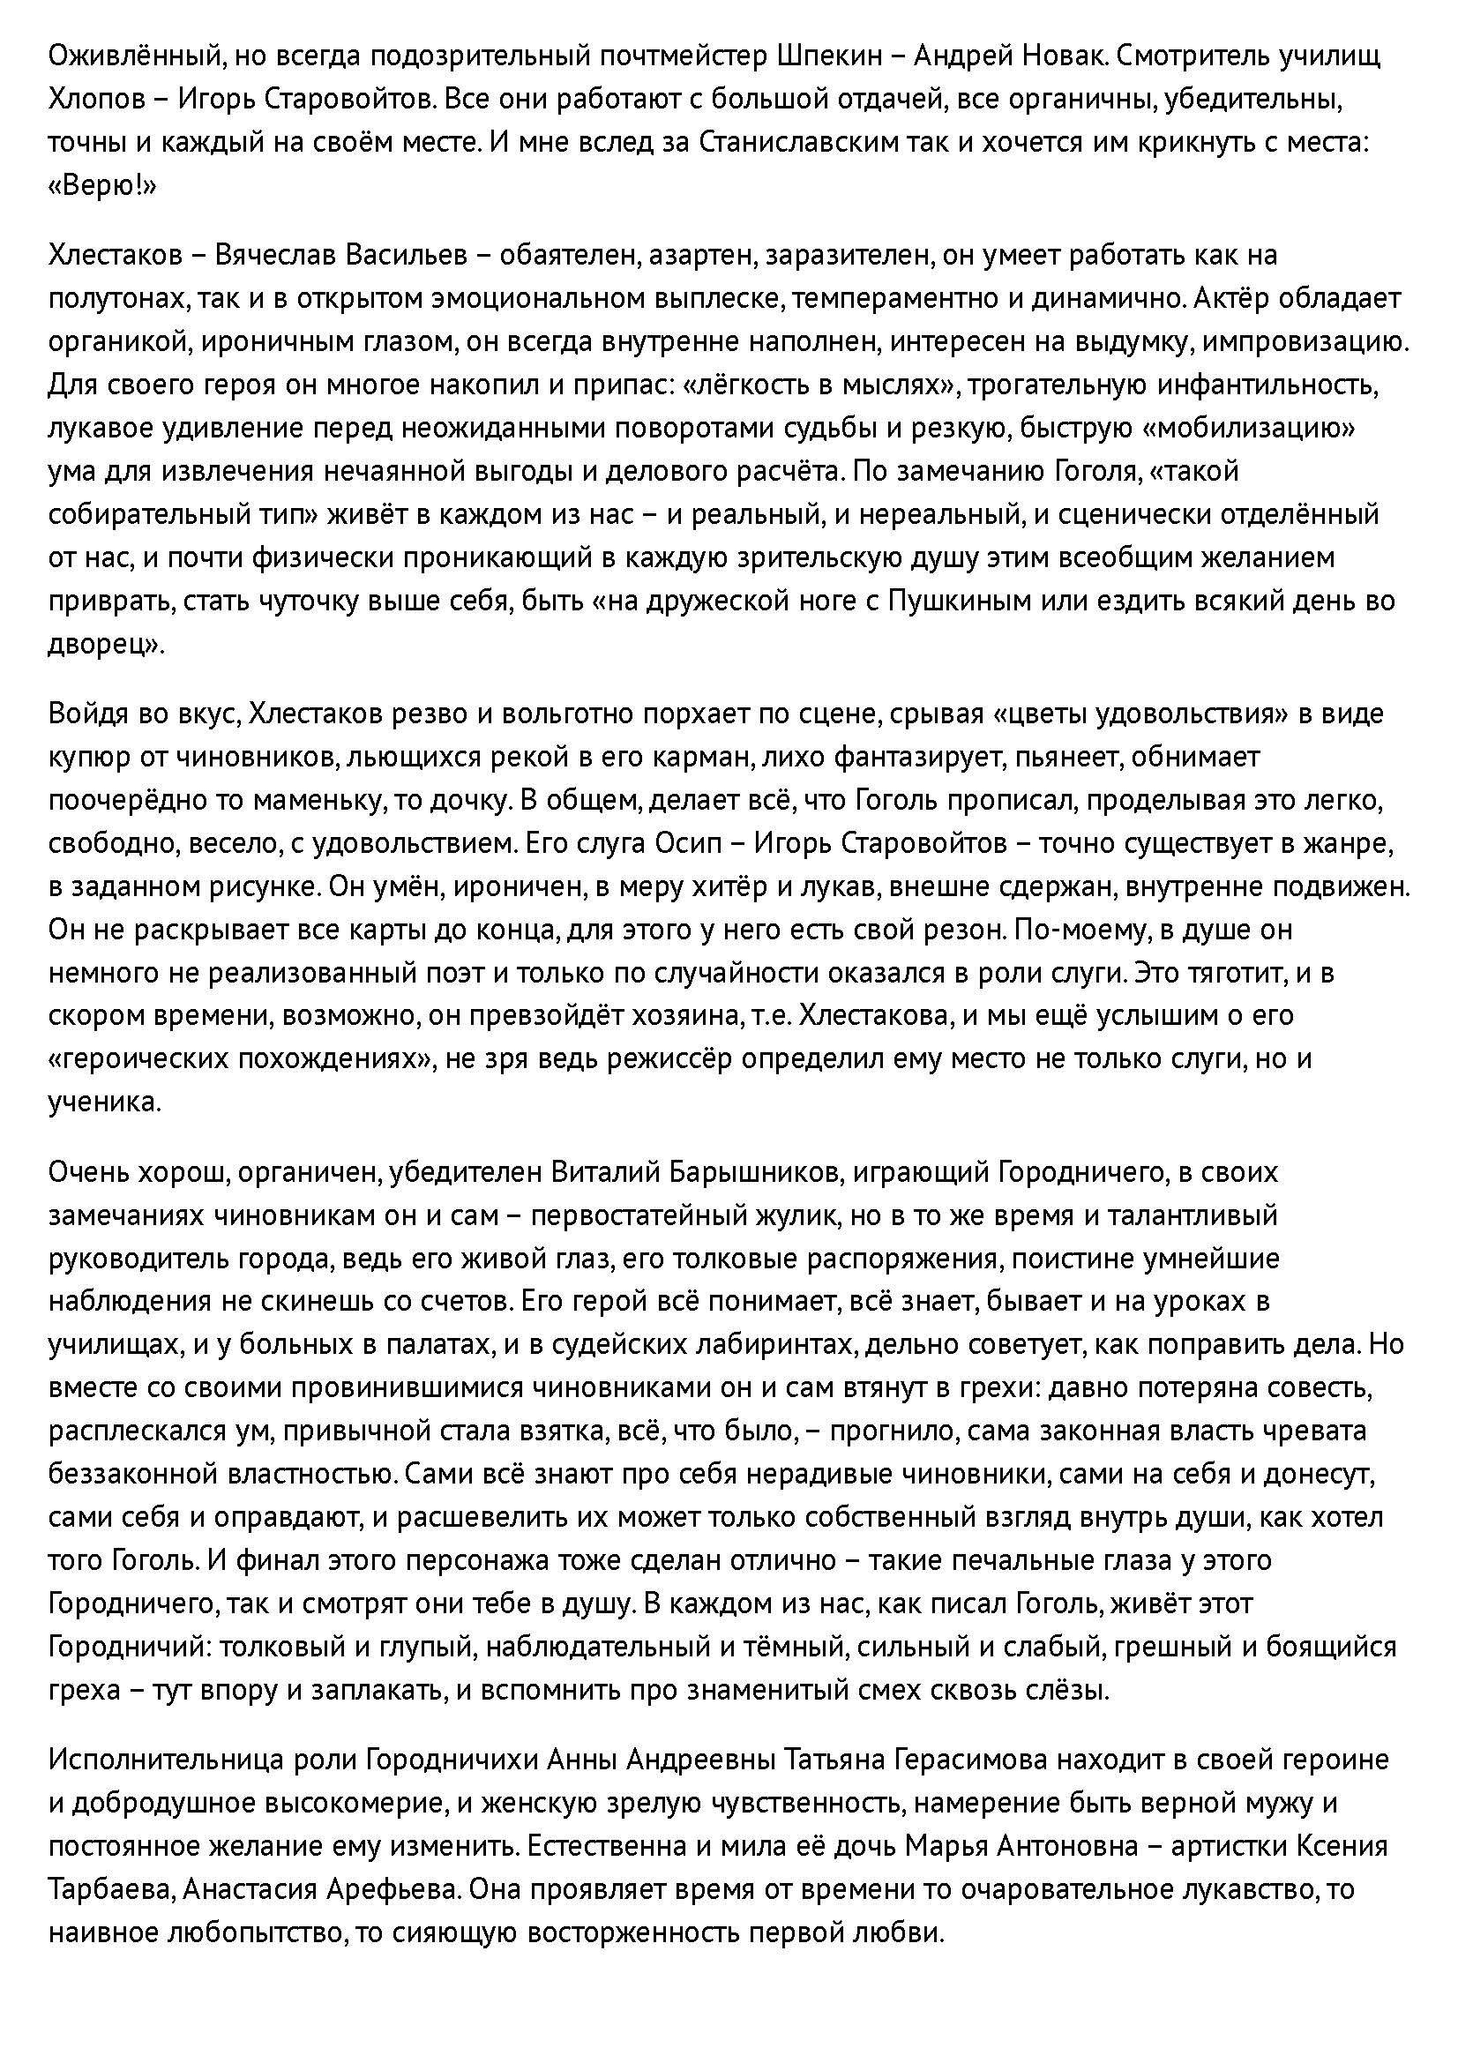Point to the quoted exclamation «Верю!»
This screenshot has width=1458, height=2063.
[102, 186]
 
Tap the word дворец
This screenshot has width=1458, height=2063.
[102, 644]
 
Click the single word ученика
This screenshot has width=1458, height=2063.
[103, 1103]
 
